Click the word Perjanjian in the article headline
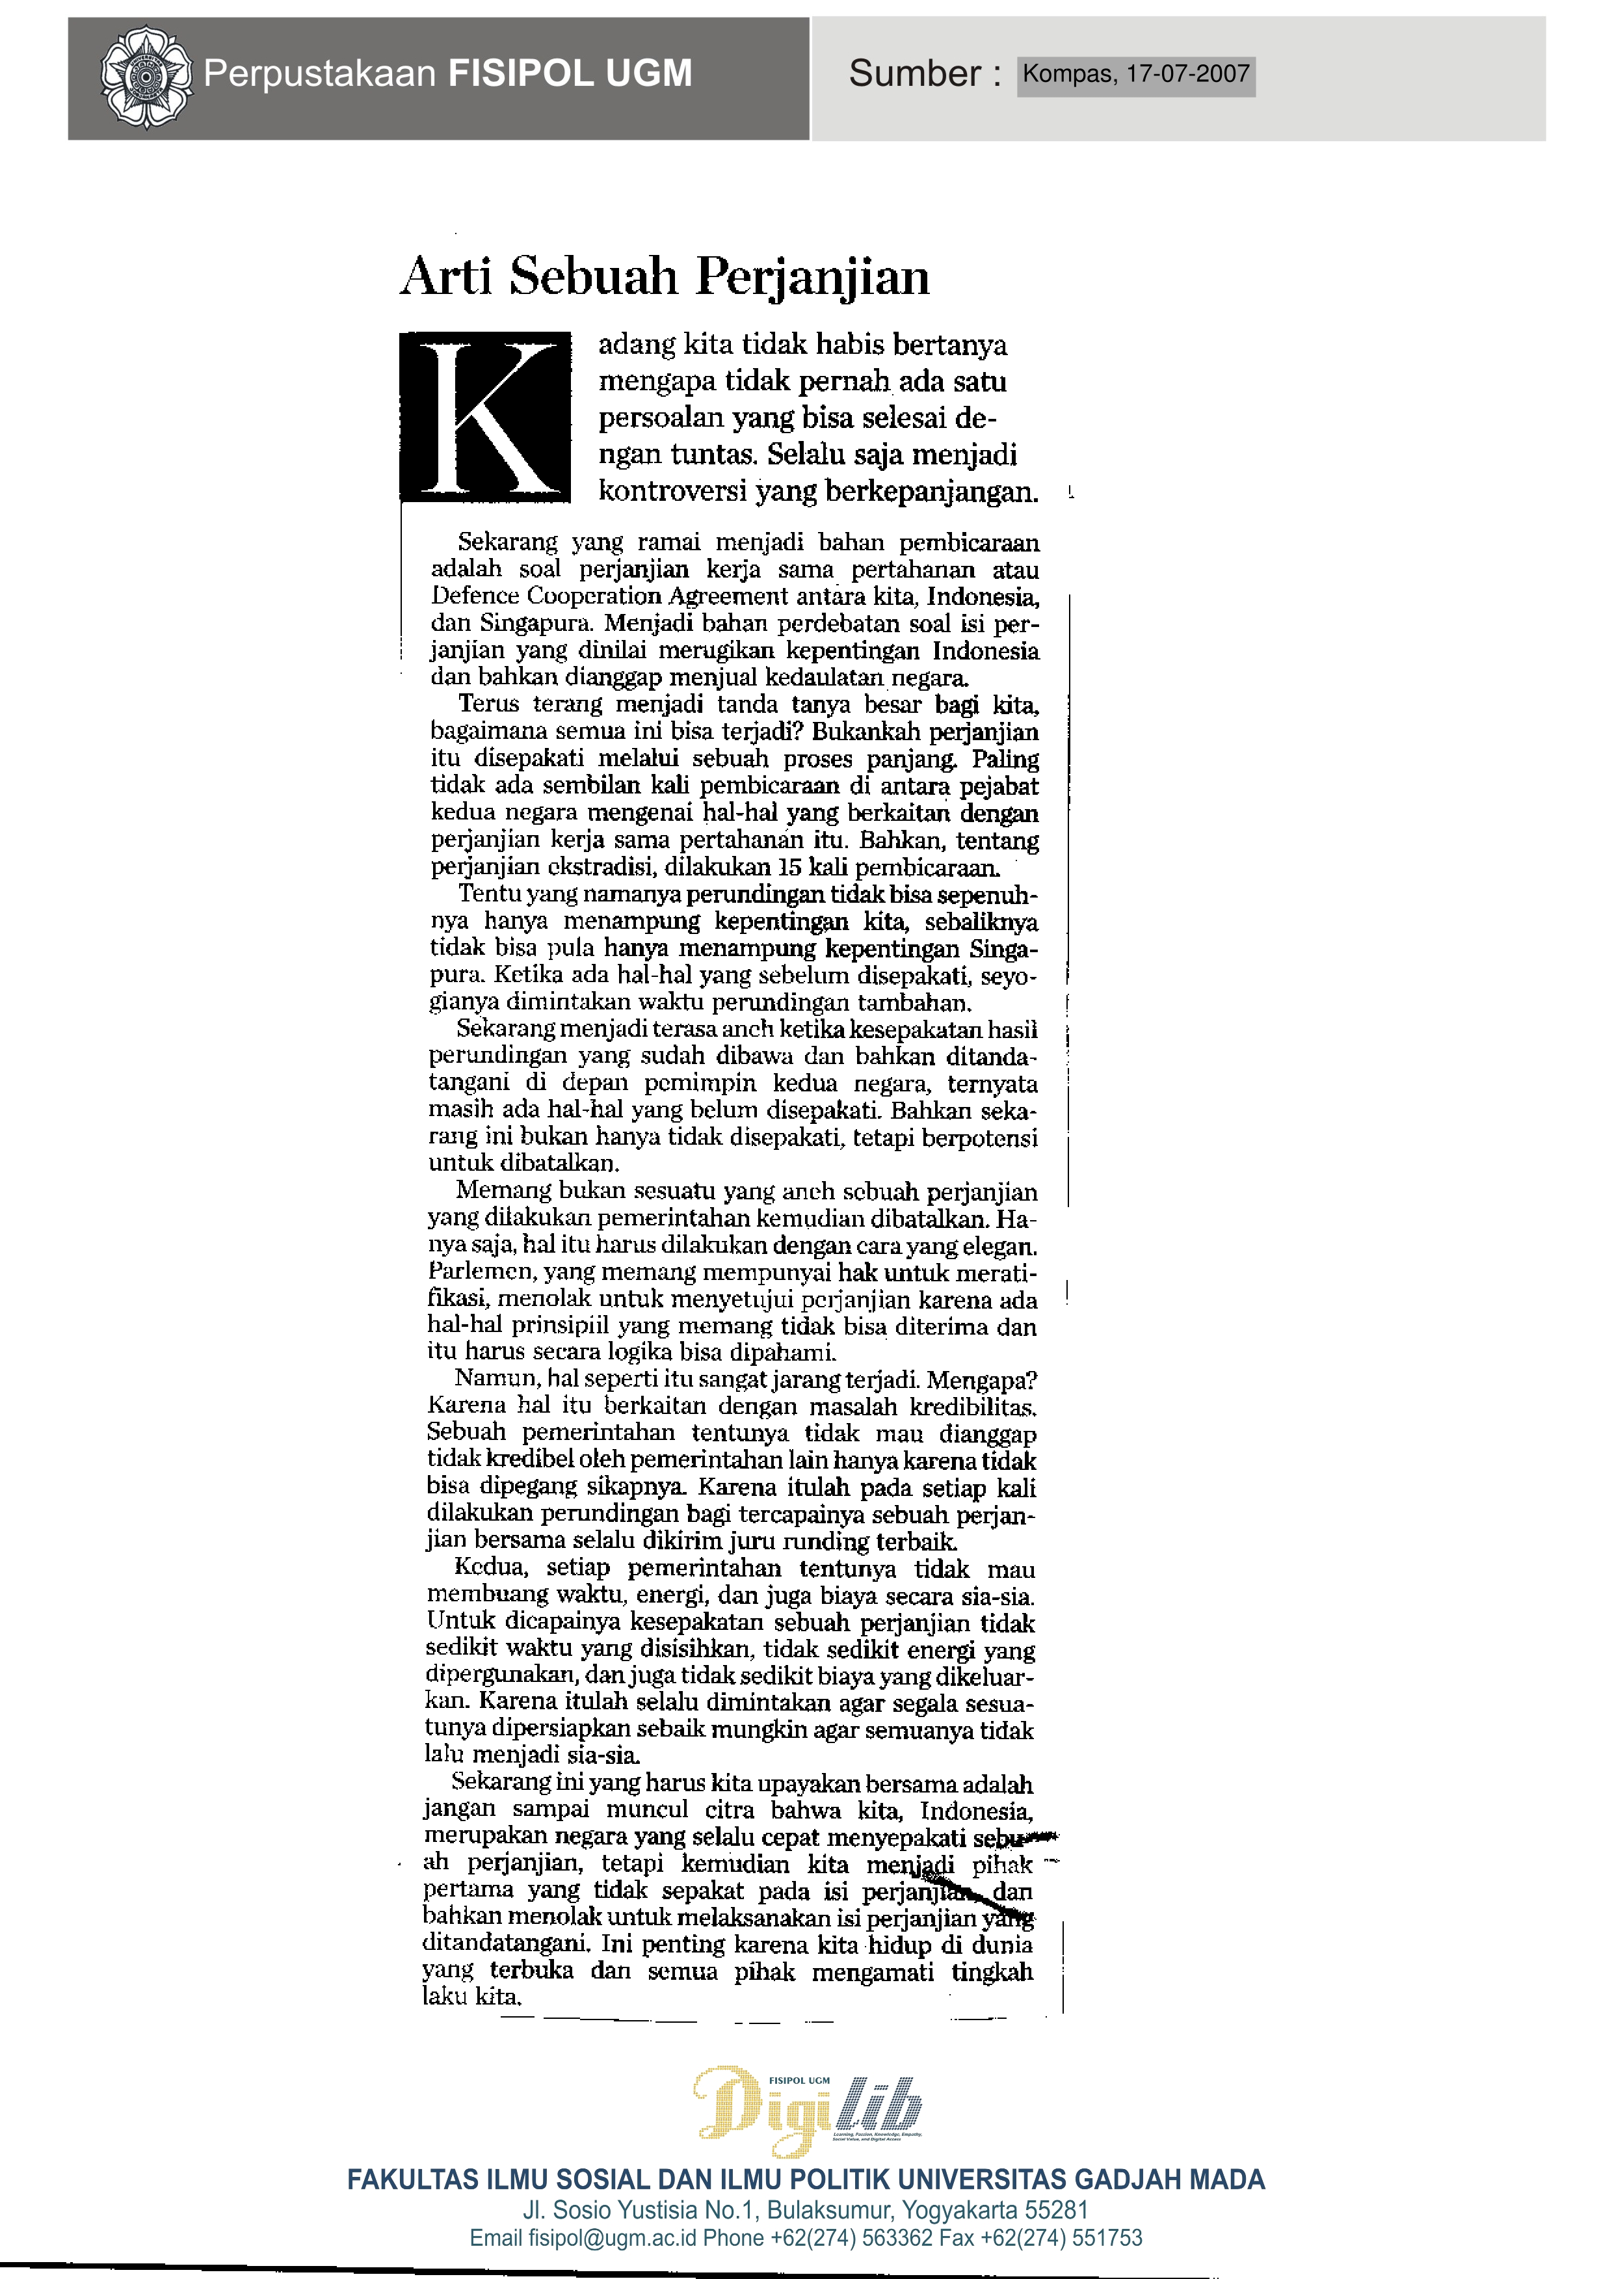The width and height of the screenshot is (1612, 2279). click(x=812, y=277)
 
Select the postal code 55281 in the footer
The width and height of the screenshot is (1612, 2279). click(x=1056, y=2211)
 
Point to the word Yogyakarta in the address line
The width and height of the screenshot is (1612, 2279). click(x=953, y=2211)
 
